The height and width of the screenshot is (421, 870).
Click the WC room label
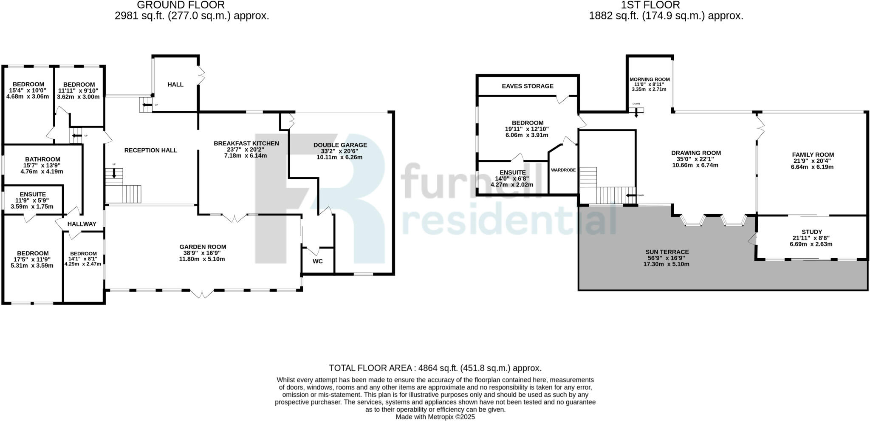317,261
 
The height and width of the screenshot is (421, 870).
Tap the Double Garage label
340,145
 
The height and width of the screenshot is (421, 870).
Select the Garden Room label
203,247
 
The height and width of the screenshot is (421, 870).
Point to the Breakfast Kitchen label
246,143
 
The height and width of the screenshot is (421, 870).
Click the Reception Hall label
150,150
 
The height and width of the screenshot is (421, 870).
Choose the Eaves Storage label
527,86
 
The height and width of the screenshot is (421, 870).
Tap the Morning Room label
649,79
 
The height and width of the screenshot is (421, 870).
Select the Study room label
811,232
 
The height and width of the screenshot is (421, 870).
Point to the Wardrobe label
563,170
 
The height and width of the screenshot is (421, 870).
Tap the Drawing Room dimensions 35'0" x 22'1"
695,159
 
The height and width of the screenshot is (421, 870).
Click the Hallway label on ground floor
82,224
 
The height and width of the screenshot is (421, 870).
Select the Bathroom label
42,159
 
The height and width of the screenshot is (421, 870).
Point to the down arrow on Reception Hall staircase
113,173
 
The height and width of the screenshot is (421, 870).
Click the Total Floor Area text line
435,368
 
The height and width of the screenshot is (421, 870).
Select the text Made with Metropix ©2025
435,417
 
